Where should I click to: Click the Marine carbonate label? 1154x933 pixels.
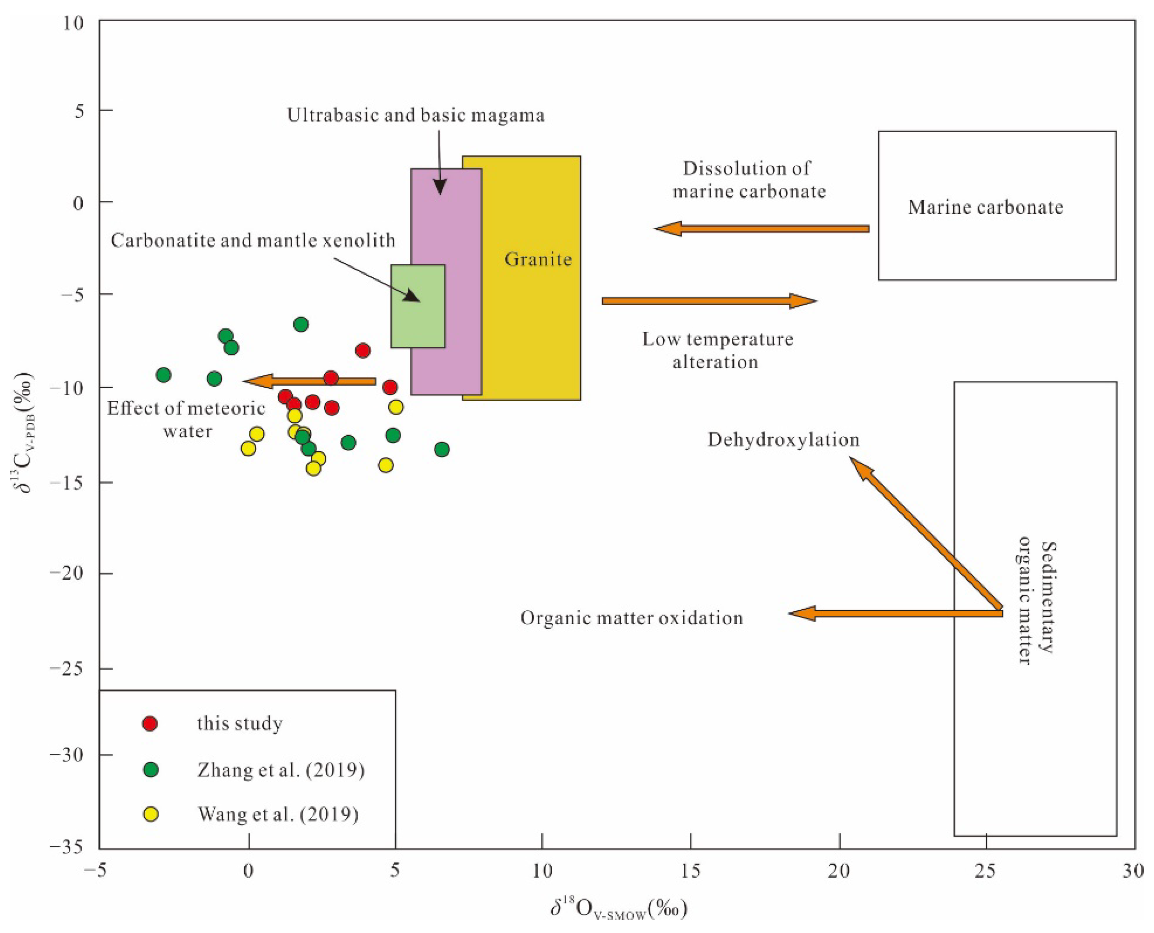985,207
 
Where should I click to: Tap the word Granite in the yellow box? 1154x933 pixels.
538,259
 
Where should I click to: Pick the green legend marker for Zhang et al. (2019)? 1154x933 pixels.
151,770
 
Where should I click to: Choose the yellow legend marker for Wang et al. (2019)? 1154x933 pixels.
151,815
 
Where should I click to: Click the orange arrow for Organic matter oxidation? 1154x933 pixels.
895,613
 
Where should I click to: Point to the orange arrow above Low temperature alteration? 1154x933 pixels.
710,301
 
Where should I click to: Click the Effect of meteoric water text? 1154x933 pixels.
186,420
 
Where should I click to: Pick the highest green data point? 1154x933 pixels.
301,324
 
